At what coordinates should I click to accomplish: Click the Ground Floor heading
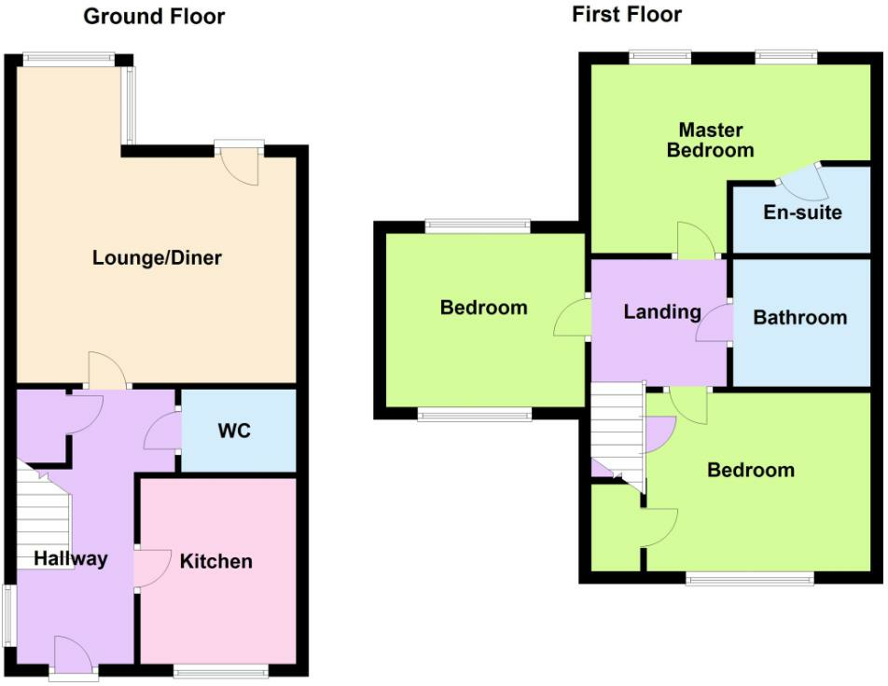point(154,17)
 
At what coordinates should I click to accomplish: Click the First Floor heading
point(627,14)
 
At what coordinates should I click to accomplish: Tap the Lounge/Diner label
point(157,258)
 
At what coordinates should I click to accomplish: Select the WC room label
point(234,431)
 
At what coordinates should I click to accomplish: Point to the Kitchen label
point(215,561)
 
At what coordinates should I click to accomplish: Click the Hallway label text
point(71,558)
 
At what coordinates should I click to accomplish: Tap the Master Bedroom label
point(710,140)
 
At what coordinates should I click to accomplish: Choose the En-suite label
point(802,213)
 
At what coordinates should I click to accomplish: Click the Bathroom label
point(799,318)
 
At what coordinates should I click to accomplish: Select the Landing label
point(662,312)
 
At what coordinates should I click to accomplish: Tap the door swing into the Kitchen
point(152,569)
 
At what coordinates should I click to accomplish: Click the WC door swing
point(162,432)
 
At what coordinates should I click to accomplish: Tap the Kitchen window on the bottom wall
point(220,671)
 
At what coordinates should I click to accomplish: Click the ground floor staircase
point(43,515)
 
